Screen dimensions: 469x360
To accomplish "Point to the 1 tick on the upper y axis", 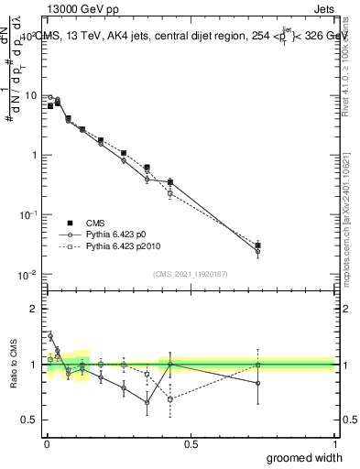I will pyautogui.click(x=32, y=155).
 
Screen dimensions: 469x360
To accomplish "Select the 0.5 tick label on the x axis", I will pyautogui.click(x=191, y=443).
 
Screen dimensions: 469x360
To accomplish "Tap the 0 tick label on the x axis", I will pyautogui.click(x=46, y=443).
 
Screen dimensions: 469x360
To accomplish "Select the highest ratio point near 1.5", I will pyautogui.click(x=50, y=336).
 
